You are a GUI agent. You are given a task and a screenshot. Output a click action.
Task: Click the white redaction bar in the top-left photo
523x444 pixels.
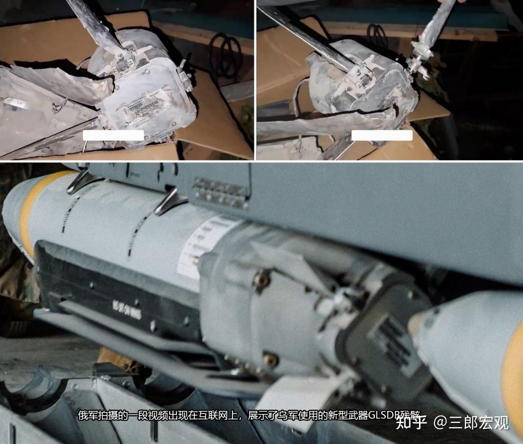point(113,135)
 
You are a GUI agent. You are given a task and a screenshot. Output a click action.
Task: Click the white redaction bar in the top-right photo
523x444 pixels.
point(382,136)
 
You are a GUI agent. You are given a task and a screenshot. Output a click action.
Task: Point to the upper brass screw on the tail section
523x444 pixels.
point(261,279)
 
